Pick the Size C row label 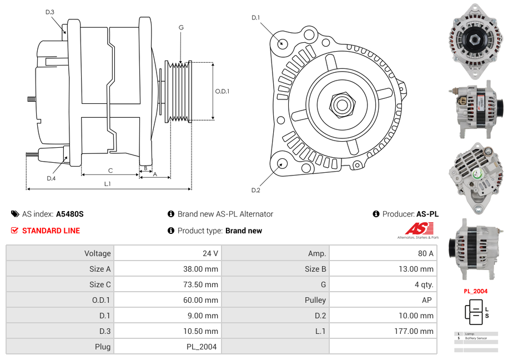100,284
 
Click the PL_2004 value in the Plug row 202,347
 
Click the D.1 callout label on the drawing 255,18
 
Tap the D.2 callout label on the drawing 255,191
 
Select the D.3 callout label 49,12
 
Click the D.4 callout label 51,178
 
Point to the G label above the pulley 181,27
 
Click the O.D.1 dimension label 222,92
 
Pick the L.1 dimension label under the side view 107,184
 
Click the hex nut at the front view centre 341,104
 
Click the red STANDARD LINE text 51,231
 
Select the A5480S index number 69,214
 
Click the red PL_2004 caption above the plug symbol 476,291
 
